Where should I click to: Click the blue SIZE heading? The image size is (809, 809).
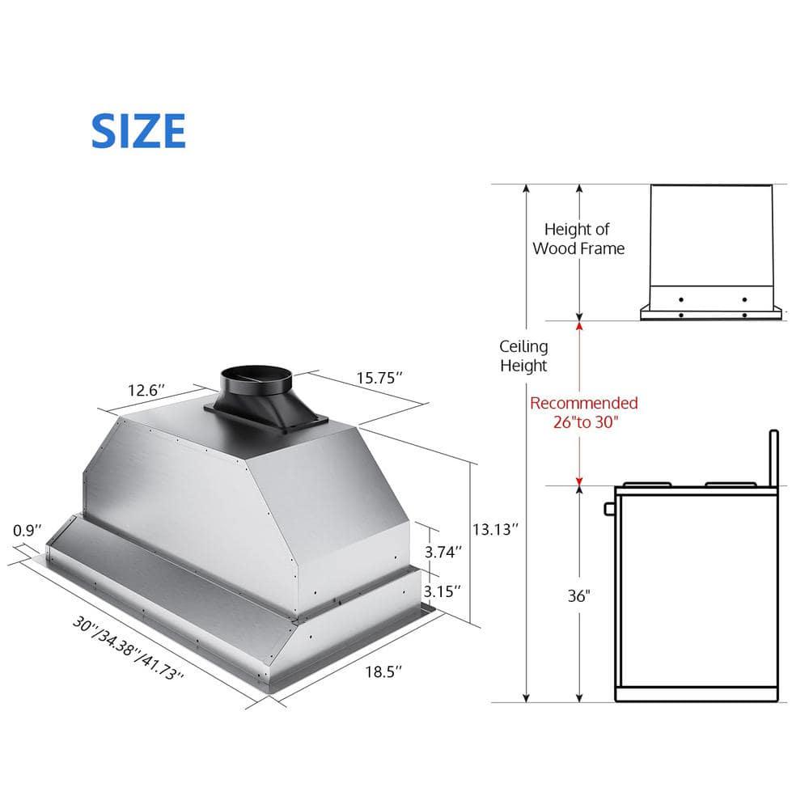[x=138, y=131]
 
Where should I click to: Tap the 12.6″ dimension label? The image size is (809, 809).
[x=146, y=390]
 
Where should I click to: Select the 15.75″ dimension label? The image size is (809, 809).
[x=380, y=378]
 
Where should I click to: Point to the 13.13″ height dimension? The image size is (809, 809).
[x=495, y=529]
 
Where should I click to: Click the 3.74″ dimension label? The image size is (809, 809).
[x=443, y=552]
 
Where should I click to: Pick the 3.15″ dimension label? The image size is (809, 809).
[x=443, y=591]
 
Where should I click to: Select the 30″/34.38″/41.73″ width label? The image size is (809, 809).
[x=129, y=648]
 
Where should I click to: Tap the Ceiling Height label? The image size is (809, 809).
[x=523, y=356]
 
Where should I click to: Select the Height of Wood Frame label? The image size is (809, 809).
[x=578, y=239]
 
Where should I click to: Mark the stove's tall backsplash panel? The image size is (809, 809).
[x=773, y=458]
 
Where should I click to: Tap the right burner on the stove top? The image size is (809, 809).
[x=730, y=484]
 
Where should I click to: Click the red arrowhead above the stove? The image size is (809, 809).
[x=578, y=482]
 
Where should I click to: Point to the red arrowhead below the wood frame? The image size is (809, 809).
[x=578, y=325]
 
